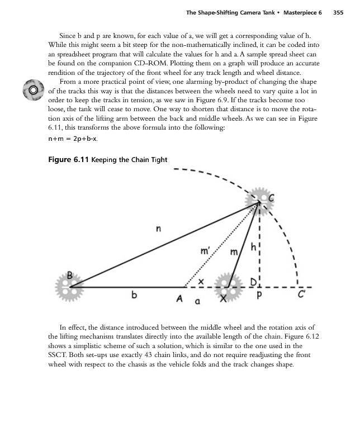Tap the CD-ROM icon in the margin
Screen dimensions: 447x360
[33, 89]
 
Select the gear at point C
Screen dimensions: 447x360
[258, 200]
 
